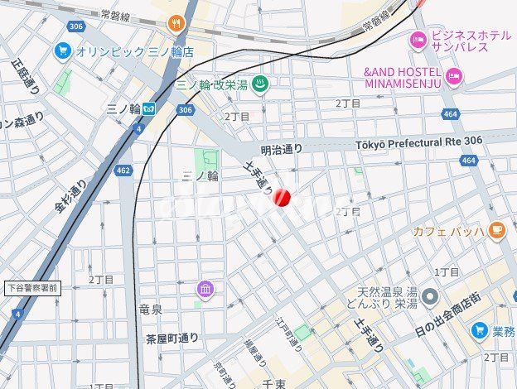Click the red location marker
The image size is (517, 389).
point(282,198)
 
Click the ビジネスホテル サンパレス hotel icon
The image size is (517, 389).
point(419,38)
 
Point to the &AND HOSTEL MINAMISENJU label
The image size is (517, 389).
point(403,77)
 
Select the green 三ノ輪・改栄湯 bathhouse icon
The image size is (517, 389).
point(259,84)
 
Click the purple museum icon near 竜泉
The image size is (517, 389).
point(205,289)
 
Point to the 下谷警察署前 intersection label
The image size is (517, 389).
point(31,288)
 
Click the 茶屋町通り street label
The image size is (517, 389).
point(172,338)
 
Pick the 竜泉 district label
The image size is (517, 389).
point(150,310)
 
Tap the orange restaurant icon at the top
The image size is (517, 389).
point(175,24)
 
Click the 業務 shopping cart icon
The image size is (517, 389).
point(480,331)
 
